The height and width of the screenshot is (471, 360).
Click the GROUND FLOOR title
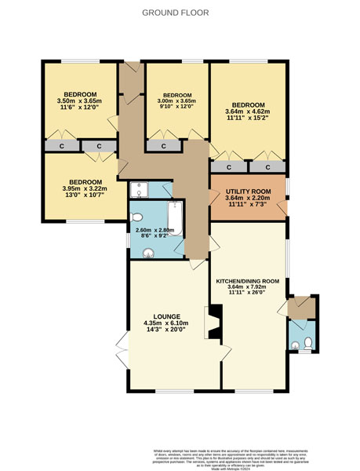click(x=180, y=13)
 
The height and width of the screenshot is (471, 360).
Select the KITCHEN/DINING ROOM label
click(x=248, y=280)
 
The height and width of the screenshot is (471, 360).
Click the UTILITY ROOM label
click(x=248, y=192)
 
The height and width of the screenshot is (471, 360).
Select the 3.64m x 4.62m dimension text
click(x=248, y=111)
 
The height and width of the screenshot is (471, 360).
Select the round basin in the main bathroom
click(x=148, y=252)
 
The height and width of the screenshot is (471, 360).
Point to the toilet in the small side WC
click(x=308, y=342)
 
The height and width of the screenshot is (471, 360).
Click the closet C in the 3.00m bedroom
click(x=163, y=146)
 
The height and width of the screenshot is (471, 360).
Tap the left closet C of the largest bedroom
click(x=229, y=166)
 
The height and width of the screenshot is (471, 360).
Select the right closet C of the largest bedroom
click(x=267, y=166)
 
